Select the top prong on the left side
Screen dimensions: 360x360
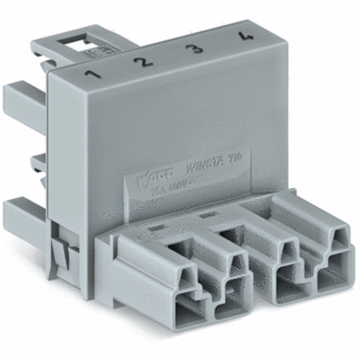pyautogui.click(x=23, y=94)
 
